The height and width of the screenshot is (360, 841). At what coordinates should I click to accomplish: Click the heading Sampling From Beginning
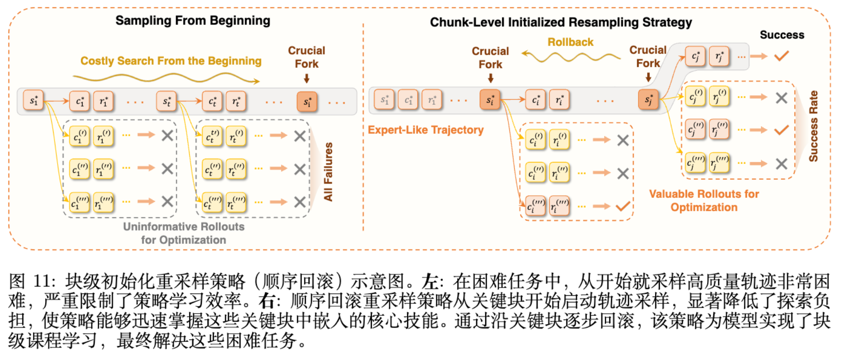(192, 21)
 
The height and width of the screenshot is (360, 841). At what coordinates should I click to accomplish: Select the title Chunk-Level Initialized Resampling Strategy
(561, 22)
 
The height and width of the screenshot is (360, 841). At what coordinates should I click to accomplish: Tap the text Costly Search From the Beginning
(171, 61)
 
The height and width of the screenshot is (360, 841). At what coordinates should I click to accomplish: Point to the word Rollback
(570, 42)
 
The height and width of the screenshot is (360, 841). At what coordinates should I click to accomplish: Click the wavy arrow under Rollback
(571, 57)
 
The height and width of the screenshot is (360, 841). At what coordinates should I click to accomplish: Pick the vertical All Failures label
(328, 172)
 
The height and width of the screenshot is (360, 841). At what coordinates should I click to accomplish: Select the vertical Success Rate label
(813, 126)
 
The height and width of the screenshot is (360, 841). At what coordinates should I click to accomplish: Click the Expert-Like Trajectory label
(425, 130)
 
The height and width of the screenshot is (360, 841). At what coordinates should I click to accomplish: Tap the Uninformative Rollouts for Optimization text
(183, 233)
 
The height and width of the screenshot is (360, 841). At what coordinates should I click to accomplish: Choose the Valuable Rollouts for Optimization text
(704, 201)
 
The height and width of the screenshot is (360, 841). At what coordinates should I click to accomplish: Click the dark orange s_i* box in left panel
(307, 101)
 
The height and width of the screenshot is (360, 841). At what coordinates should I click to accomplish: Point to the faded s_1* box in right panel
(384, 100)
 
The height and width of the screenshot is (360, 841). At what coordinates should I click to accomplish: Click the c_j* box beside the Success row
(695, 56)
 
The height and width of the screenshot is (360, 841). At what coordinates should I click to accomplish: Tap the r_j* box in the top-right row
(719, 56)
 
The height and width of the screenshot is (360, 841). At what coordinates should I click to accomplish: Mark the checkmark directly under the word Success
(782, 56)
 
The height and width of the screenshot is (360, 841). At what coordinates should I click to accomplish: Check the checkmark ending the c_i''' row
(623, 206)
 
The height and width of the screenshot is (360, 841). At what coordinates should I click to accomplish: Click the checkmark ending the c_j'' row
(782, 130)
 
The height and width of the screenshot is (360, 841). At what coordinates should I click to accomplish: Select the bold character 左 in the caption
(430, 282)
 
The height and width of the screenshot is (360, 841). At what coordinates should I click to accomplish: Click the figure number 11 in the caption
(43, 281)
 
